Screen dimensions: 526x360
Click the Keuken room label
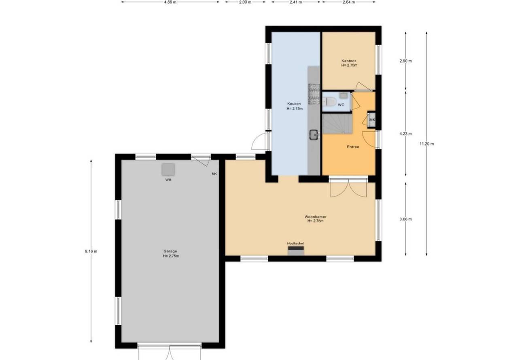coord(294,104)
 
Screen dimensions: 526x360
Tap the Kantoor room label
coord(349,61)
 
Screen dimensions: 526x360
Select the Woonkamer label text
coord(315,217)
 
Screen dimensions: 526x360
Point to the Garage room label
coord(170,251)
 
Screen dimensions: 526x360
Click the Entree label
coord(353,147)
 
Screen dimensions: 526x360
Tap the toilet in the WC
coord(329,102)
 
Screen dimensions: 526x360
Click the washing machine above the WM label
coord(168,169)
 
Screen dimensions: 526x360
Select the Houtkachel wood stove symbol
coord(296,251)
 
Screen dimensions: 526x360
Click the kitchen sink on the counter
coord(314,135)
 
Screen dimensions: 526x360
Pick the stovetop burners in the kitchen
coord(314,94)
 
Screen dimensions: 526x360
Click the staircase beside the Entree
coord(337,124)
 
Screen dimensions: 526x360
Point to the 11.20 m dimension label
coord(427,144)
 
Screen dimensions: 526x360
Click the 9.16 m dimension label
coord(91,251)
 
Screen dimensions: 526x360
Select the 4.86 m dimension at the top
coord(170,2)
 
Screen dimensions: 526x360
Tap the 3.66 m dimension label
coord(405,219)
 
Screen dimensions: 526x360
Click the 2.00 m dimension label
coord(245,2)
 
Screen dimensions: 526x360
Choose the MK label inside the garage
coord(214,174)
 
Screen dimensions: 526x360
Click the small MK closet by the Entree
coord(372,120)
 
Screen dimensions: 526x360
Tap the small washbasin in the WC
coord(344,95)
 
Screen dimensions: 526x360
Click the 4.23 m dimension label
coord(405,134)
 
